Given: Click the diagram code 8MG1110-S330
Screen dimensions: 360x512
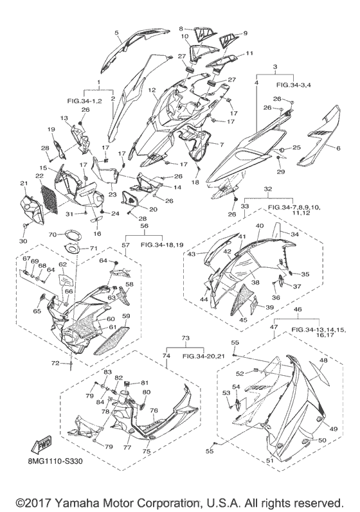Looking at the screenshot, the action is click(55, 461).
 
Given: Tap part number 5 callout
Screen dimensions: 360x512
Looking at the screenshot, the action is click(116, 32).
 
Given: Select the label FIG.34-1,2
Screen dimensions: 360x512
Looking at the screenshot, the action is click(85, 102).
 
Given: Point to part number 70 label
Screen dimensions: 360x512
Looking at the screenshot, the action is click(53, 234).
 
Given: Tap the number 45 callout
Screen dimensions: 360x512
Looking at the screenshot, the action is click(244, 320).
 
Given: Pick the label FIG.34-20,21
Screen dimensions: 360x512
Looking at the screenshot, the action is click(203, 357).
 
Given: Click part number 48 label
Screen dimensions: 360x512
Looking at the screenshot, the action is click(323, 360).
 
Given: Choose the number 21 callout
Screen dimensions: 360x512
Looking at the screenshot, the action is click(24, 183).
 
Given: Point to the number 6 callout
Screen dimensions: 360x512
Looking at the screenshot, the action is click(338, 148).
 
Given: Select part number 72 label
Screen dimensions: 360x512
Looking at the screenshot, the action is click(55, 363).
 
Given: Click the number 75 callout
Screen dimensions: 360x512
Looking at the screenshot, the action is click(147, 451).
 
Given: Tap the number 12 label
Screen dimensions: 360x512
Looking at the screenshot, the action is click(152, 89).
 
